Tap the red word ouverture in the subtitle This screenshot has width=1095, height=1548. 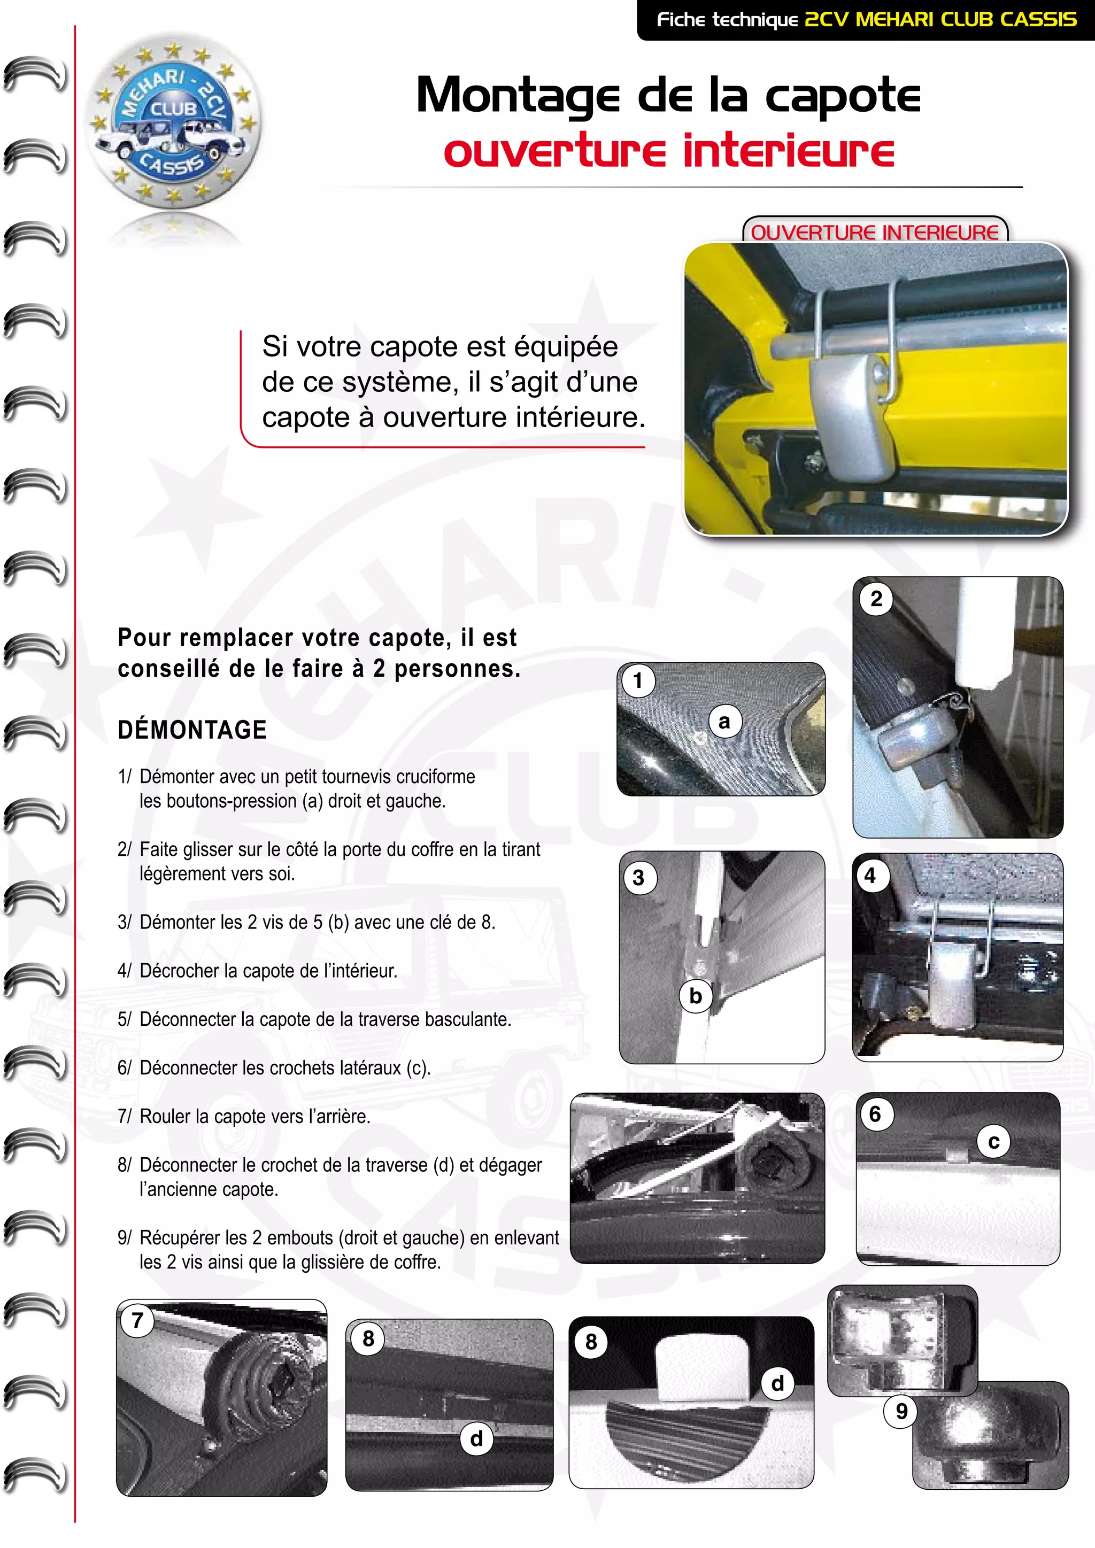(x=554, y=151)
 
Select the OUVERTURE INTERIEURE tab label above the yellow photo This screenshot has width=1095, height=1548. (x=875, y=232)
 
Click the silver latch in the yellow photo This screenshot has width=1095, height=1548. (x=853, y=419)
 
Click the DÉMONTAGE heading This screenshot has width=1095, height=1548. (x=192, y=730)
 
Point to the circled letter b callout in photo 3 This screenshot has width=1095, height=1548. (x=696, y=995)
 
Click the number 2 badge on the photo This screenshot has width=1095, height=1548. (x=876, y=599)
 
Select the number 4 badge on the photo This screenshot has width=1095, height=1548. (x=870, y=876)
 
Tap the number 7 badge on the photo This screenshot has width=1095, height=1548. (x=137, y=1319)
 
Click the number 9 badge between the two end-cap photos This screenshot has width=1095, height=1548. (x=901, y=1411)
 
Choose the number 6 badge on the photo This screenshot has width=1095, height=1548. (x=875, y=1114)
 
